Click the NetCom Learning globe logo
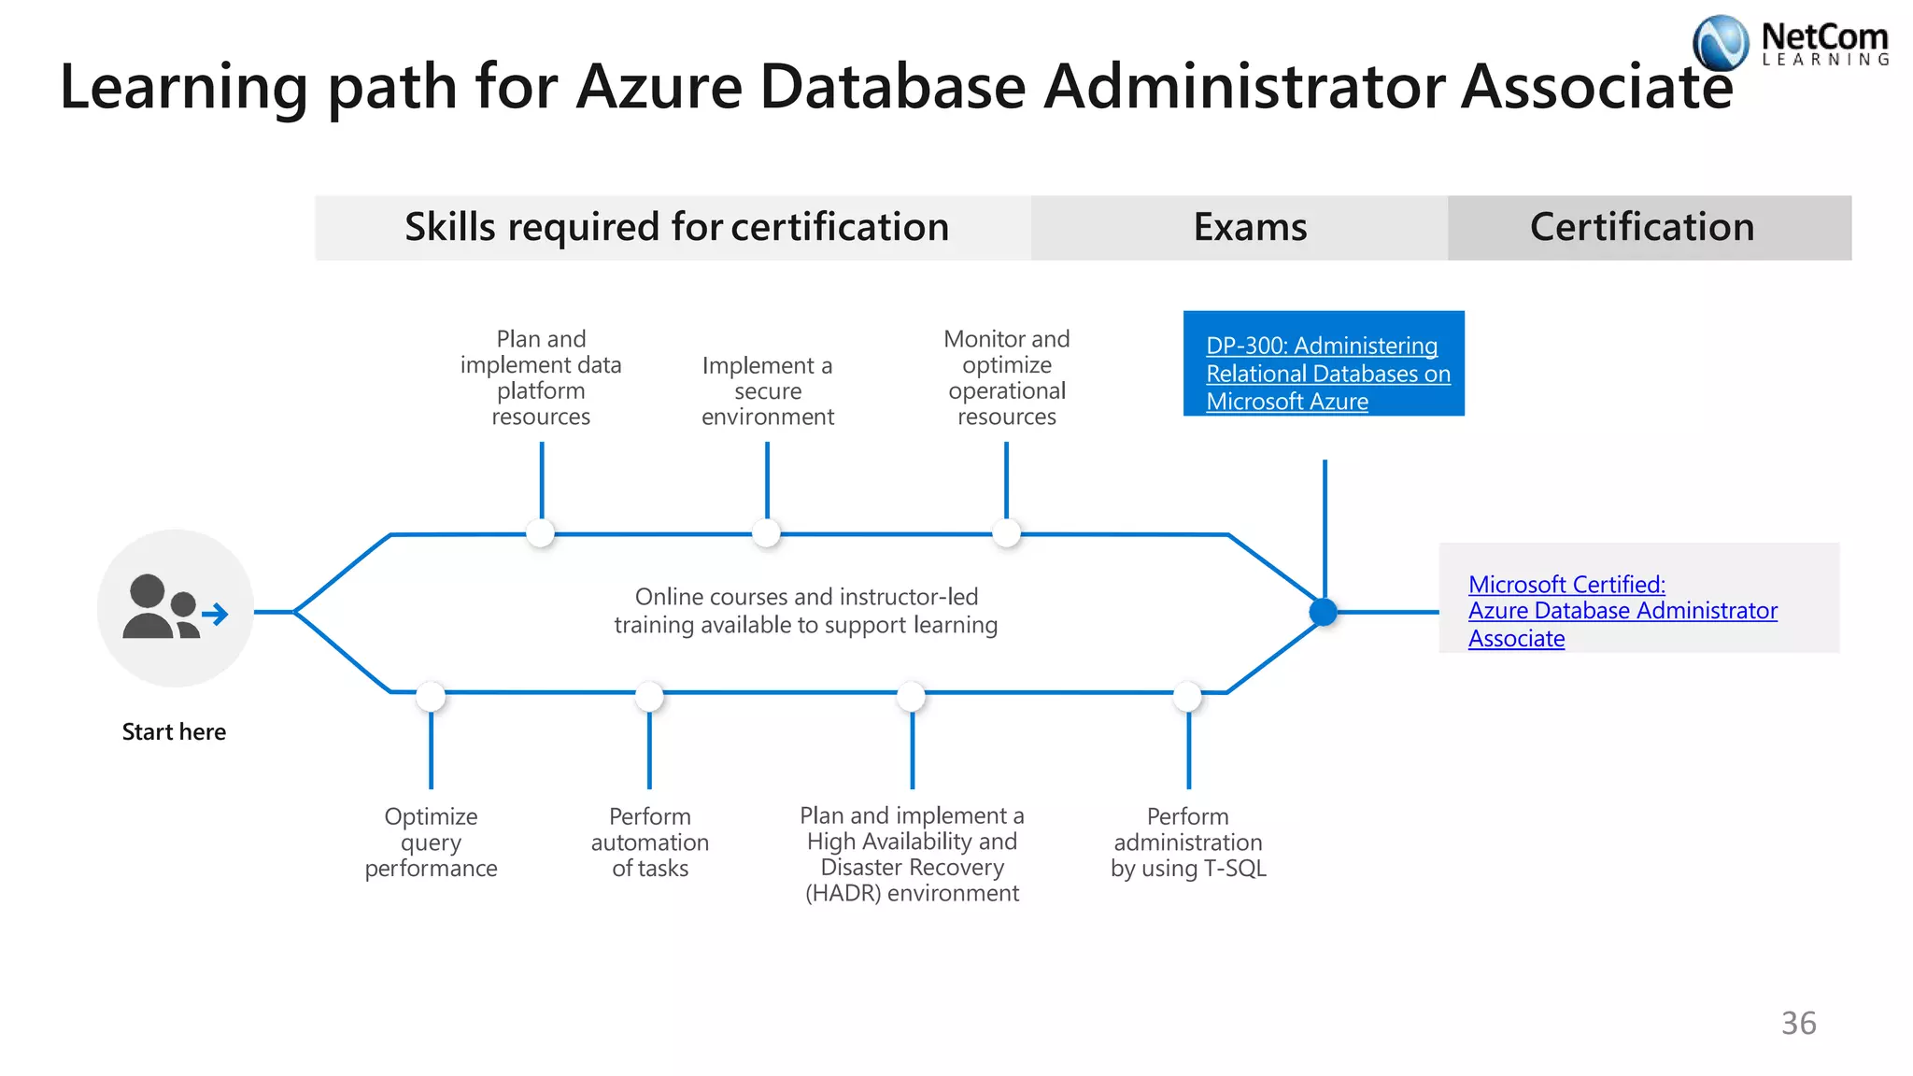tap(1720, 43)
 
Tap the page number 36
tap(1798, 1023)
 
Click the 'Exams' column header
tap(1250, 227)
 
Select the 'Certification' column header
tap(1641, 227)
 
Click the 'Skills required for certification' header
tap(676, 227)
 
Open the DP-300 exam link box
tap(1323, 364)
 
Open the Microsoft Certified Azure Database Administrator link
tap(1622, 611)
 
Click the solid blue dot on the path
tap(1324, 612)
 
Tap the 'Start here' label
tap(174, 731)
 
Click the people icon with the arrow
tap(175, 608)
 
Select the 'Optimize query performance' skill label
tap(431, 842)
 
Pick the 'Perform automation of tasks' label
tap(649, 842)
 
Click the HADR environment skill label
tap(912, 855)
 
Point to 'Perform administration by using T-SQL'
tap(1188, 842)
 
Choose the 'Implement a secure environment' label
tap(767, 390)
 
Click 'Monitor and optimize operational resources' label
tap(1006, 377)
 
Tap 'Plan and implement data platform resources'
tap(541, 377)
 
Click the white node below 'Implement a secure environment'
tap(766, 533)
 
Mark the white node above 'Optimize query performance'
tap(431, 696)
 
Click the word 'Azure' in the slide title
tap(659, 86)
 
